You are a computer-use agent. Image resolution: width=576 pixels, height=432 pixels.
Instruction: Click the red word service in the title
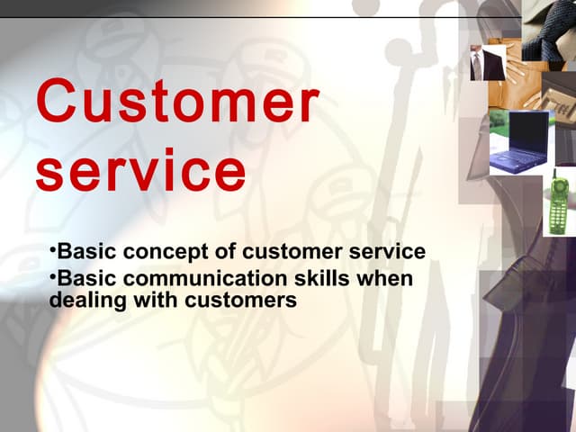(140, 170)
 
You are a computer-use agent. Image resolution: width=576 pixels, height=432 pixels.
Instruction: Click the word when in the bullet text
(388, 279)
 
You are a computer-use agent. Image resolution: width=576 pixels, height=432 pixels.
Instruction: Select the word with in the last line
(144, 301)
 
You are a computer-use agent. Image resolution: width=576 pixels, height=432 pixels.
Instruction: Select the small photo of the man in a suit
(487, 63)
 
